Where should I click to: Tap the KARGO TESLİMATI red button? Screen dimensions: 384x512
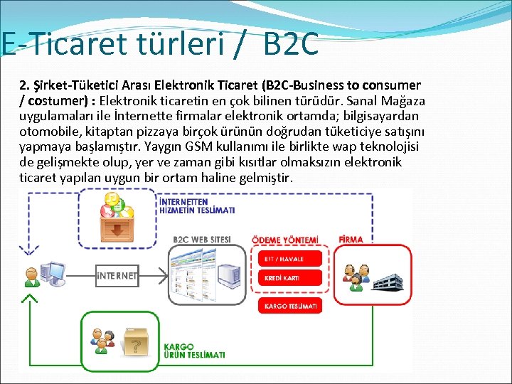(x=290, y=306)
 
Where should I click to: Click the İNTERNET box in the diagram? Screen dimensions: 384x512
(x=117, y=275)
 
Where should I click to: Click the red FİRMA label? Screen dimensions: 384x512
(x=351, y=240)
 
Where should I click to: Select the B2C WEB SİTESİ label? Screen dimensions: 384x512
(x=202, y=240)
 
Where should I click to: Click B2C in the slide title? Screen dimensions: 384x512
(x=290, y=44)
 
